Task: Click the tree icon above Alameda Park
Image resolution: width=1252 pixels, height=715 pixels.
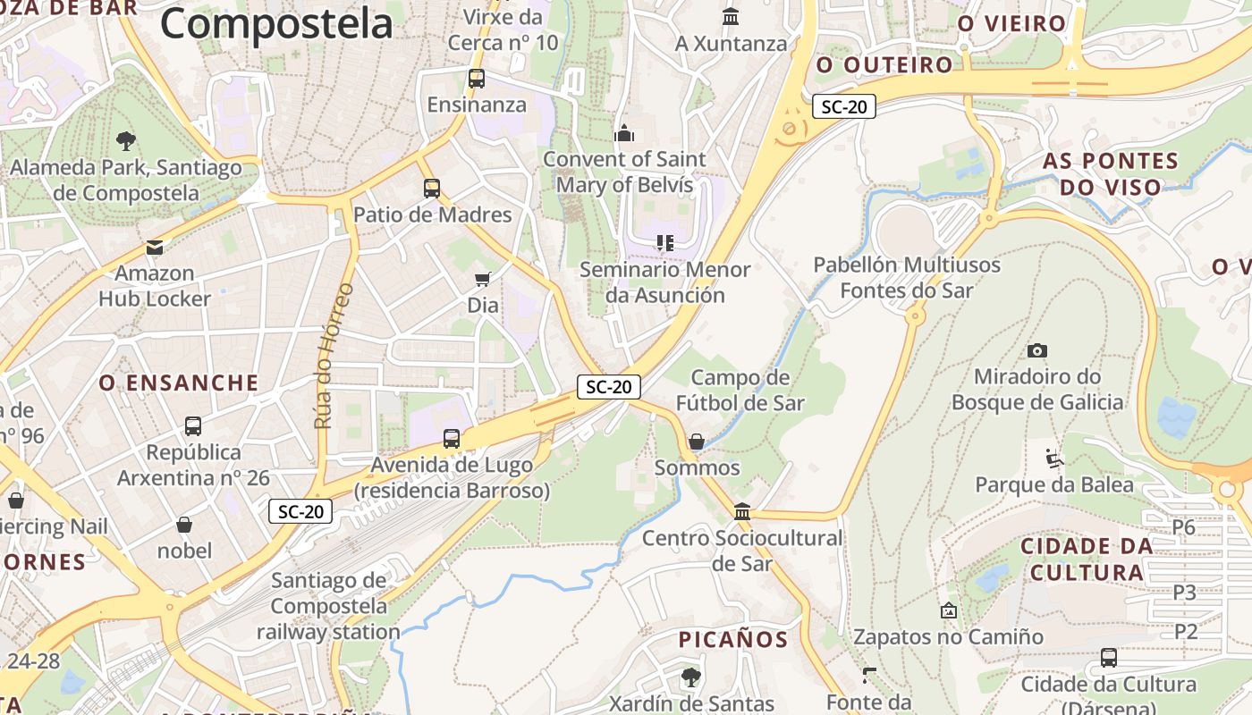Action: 125,140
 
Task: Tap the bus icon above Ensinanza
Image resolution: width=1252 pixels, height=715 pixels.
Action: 476,79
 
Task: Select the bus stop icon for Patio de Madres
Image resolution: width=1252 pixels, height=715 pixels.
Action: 432,189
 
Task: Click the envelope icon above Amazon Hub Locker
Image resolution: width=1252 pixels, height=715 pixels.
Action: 155,248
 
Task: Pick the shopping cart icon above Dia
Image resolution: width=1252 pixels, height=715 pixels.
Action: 483,279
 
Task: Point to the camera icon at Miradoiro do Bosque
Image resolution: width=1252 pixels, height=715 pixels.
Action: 1037,350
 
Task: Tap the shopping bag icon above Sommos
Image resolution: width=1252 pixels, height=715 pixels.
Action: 696,442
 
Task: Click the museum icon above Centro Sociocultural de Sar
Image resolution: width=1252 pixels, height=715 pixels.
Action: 742,511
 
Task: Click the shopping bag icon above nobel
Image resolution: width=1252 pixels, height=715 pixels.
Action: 184,525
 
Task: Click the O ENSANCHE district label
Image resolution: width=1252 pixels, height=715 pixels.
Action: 179,383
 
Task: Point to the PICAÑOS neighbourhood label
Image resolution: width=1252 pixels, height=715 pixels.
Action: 733,640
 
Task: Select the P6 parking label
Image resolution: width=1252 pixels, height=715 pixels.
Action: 1184,527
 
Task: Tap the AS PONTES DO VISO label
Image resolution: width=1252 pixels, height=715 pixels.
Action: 1111,174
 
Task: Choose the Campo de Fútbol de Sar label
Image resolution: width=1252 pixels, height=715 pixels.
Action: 740,391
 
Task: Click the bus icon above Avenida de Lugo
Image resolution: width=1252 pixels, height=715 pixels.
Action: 452,438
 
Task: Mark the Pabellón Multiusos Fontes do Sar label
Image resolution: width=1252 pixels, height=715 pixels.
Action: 907,277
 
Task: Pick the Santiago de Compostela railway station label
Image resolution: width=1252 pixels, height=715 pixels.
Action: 329,606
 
